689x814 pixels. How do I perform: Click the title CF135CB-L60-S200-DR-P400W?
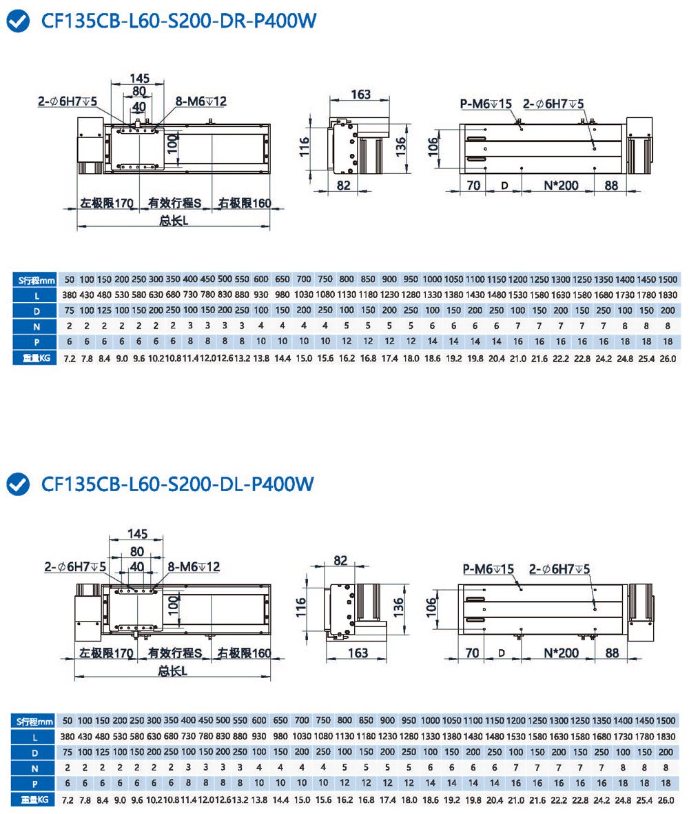(178, 22)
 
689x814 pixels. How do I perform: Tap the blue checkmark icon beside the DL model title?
(19, 484)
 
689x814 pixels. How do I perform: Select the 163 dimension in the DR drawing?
(360, 95)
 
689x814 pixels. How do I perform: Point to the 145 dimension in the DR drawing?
(139, 78)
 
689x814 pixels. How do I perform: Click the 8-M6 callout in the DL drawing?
(194, 566)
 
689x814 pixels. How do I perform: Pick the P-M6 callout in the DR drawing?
(486, 103)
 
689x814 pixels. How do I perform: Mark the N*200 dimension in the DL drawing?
(557, 652)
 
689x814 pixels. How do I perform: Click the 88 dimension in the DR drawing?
(610, 186)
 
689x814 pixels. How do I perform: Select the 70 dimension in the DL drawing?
(473, 652)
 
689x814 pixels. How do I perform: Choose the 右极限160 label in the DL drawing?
(245, 653)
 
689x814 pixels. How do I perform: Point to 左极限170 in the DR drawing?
(105, 203)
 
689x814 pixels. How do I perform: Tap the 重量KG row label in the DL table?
(35, 800)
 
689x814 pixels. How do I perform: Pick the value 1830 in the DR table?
(667, 295)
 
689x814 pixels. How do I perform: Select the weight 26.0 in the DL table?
(667, 800)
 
